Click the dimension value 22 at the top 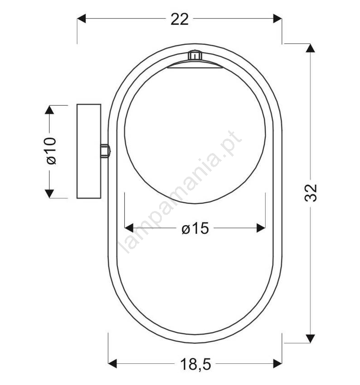(180, 19)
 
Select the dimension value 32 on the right (311, 193)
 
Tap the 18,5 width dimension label (195, 364)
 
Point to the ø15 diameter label (195, 228)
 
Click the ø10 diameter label (51, 151)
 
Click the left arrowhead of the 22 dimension (81, 19)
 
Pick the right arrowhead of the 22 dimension (277, 19)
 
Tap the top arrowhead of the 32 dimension (311, 48)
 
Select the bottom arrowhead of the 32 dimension (311, 339)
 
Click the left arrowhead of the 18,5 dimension (112, 363)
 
